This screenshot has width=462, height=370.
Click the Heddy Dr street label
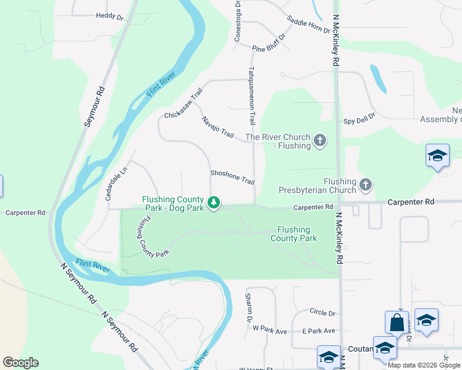[109, 17]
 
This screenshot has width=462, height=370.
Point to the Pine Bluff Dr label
[269, 43]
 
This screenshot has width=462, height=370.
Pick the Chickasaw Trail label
[183, 104]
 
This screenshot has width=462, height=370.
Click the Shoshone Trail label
[232, 177]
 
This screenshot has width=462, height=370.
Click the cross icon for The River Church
[320, 141]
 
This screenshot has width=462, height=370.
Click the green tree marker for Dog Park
[214, 203]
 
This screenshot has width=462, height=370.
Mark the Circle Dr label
[322, 313]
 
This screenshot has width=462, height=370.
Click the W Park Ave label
[271, 331]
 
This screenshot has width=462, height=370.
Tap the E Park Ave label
[318, 331]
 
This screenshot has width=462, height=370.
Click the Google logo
[20, 363]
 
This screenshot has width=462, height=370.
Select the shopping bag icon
[397, 323]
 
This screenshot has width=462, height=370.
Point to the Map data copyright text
[424, 365]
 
